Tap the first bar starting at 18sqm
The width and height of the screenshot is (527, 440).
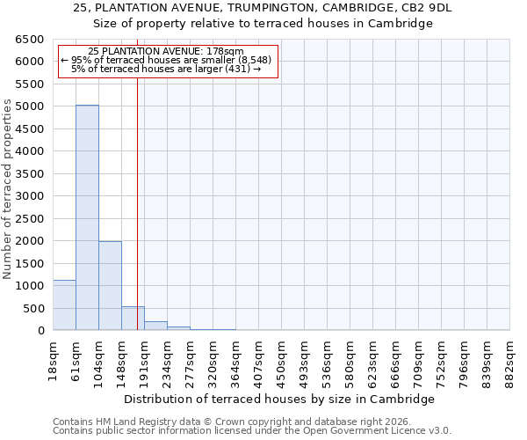click(x=64, y=305)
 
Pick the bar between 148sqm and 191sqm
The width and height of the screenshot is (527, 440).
click(x=133, y=319)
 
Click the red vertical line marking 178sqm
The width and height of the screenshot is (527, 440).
click(x=138, y=202)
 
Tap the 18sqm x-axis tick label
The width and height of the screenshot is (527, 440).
click(x=54, y=357)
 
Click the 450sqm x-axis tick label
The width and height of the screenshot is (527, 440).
click(x=282, y=357)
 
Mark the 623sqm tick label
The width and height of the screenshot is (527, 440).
click(x=373, y=357)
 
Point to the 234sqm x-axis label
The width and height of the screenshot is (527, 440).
click(x=168, y=357)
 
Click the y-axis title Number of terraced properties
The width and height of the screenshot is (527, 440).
click(x=9, y=189)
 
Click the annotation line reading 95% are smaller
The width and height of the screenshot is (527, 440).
click(x=166, y=60)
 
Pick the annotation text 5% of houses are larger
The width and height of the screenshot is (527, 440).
click(x=166, y=69)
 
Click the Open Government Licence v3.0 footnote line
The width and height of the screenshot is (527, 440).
click(x=251, y=431)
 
